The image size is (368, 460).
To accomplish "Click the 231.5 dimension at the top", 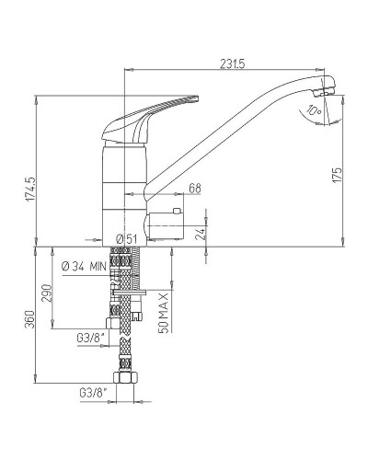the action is point(233,63).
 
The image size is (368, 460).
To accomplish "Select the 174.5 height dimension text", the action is point(30,190).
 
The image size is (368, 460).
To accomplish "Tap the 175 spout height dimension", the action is point(337,176).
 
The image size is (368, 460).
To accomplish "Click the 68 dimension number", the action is point(195,188).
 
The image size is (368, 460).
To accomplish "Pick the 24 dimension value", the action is point(200,234).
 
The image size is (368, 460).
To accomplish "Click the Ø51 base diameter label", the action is point(127,239).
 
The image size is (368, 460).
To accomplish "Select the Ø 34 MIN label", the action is point(84,267).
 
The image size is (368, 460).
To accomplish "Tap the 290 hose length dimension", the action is point(46,293).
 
